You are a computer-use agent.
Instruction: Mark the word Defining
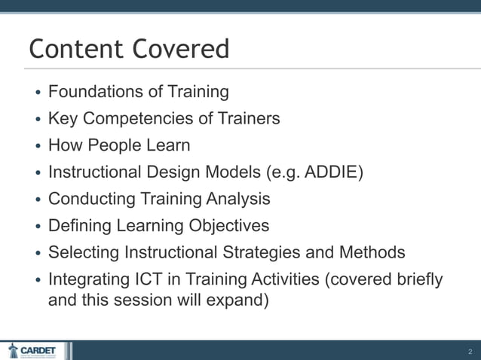(78, 226)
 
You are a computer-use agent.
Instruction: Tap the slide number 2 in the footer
(470, 351)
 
